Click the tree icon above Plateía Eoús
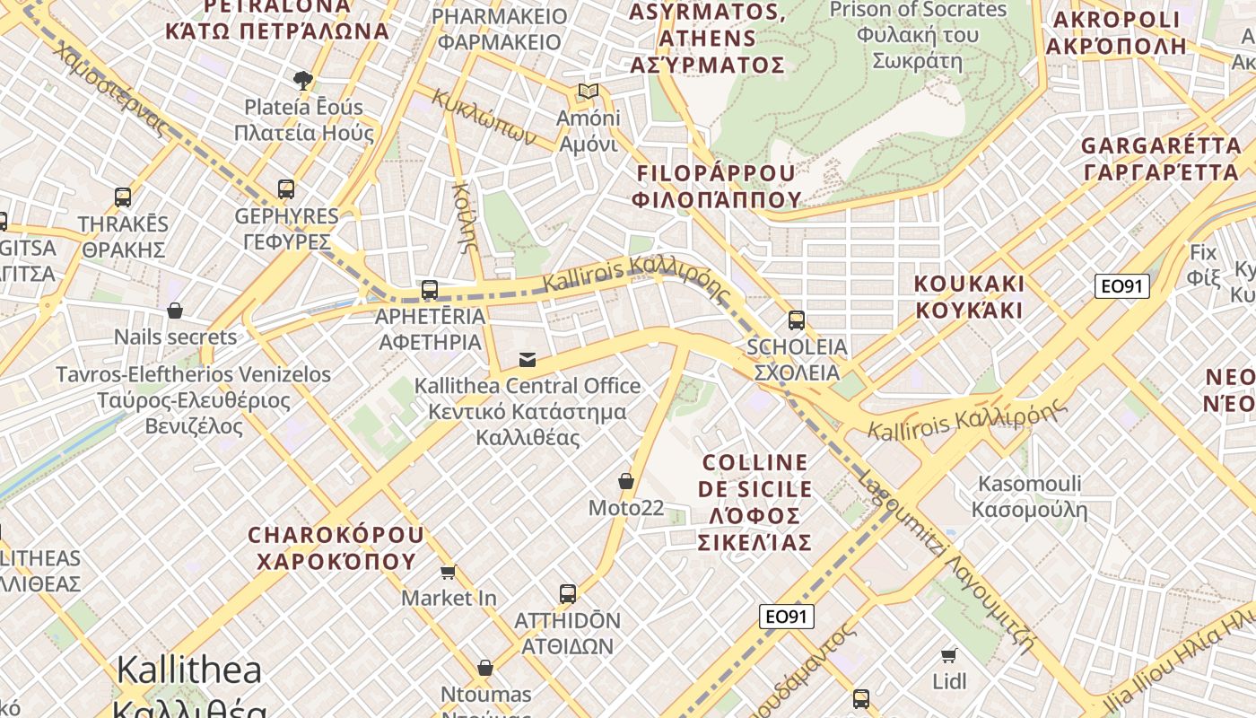[303, 81]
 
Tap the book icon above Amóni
[588, 91]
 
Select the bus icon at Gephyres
[286, 189]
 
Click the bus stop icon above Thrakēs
[123, 197]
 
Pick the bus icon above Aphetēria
[430, 290]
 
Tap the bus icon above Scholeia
[796, 320]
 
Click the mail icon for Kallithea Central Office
[528, 360]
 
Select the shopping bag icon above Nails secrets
[175, 311]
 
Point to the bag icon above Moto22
[626, 482]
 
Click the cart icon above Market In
[448, 572]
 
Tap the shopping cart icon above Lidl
[949, 655]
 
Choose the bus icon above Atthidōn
[567, 593]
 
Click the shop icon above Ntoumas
[485, 668]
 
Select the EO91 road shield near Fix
[1121, 286]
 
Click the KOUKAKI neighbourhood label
[968, 297]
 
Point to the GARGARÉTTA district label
[1161, 158]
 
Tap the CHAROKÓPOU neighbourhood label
[336, 547]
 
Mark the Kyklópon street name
[484, 118]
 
